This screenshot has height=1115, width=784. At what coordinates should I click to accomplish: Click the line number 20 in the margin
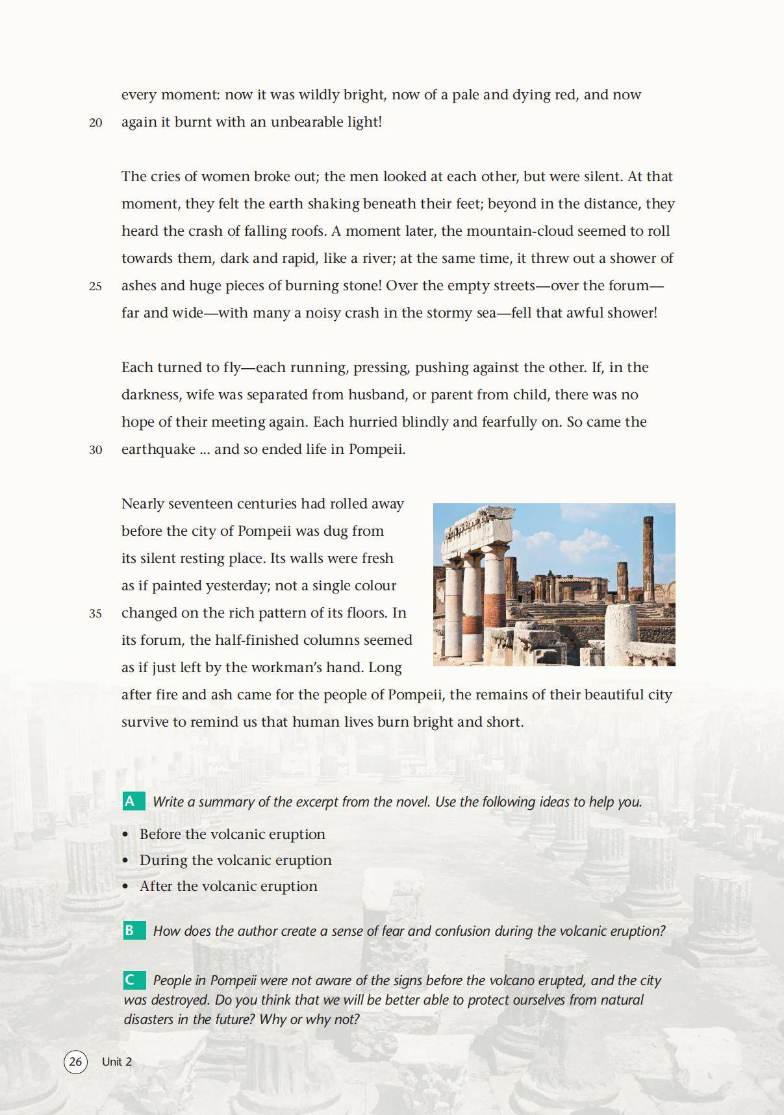tap(95, 123)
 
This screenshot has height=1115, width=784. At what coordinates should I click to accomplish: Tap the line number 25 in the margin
tap(95, 286)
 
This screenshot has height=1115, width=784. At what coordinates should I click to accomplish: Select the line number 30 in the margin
tap(95, 450)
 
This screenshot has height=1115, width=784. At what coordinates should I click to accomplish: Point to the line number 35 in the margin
tap(95, 614)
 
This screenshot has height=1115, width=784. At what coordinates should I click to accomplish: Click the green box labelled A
tap(134, 801)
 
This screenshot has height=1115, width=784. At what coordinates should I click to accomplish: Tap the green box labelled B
tap(134, 931)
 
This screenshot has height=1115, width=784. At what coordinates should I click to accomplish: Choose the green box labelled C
tap(134, 980)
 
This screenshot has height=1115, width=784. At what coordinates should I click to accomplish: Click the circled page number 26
tap(75, 1062)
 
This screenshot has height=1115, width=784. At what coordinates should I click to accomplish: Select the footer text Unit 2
tap(117, 1062)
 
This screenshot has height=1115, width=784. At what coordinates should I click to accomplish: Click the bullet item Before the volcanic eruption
tap(232, 834)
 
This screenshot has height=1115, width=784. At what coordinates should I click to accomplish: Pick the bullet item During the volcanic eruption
tap(235, 860)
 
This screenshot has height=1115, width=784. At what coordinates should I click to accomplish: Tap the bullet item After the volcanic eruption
tap(228, 886)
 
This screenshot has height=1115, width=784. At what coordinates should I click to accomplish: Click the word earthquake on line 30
tap(158, 449)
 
